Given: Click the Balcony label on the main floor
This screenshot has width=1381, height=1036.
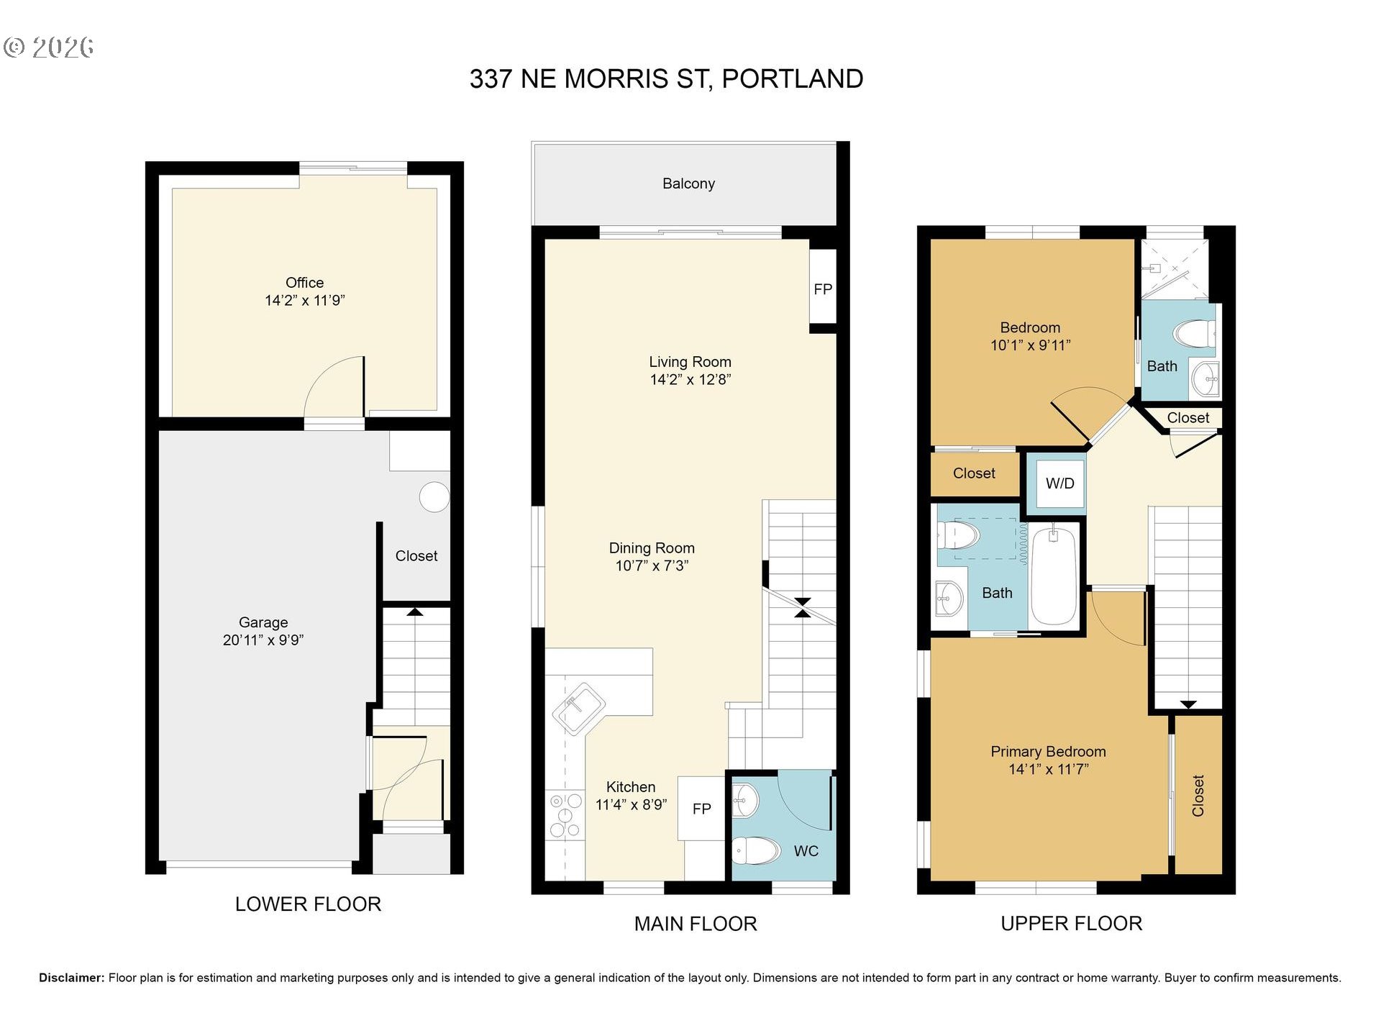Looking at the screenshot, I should pyautogui.click(x=688, y=183).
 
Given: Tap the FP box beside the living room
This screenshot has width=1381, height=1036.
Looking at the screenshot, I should pyautogui.click(x=823, y=289).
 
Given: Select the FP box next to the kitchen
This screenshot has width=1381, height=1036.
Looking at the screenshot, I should pyautogui.click(x=701, y=809).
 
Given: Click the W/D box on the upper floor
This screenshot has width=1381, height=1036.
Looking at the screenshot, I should pyautogui.click(x=1059, y=483).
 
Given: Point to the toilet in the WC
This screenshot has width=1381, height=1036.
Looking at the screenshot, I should pyautogui.click(x=757, y=851).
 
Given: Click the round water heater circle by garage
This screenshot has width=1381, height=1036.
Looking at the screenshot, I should pyautogui.click(x=434, y=496).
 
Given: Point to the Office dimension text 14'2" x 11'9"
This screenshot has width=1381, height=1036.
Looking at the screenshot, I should pyautogui.click(x=305, y=301).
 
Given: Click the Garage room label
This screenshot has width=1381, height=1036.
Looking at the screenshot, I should pyautogui.click(x=263, y=622).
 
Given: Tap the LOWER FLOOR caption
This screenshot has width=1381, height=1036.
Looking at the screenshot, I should pyautogui.click(x=308, y=904).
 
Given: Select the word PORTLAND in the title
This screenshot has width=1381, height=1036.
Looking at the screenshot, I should pyautogui.click(x=792, y=79).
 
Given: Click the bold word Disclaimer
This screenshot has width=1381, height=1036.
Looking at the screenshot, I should pyautogui.click(x=71, y=978).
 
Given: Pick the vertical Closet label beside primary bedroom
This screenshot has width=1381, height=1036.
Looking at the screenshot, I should pyautogui.click(x=1198, y=795).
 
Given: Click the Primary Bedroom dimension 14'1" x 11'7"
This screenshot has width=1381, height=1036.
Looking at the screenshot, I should pyautogui.click(x=1048, y=769).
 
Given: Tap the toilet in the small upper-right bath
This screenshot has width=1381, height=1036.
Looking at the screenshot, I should pyautogui.click(x=1194, y=334).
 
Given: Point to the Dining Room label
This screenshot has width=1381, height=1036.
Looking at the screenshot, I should pyautogui.click(x=652, y=548).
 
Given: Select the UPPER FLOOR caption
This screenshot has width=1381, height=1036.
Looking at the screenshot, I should pyautogui.click(x=1071, y=924).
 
